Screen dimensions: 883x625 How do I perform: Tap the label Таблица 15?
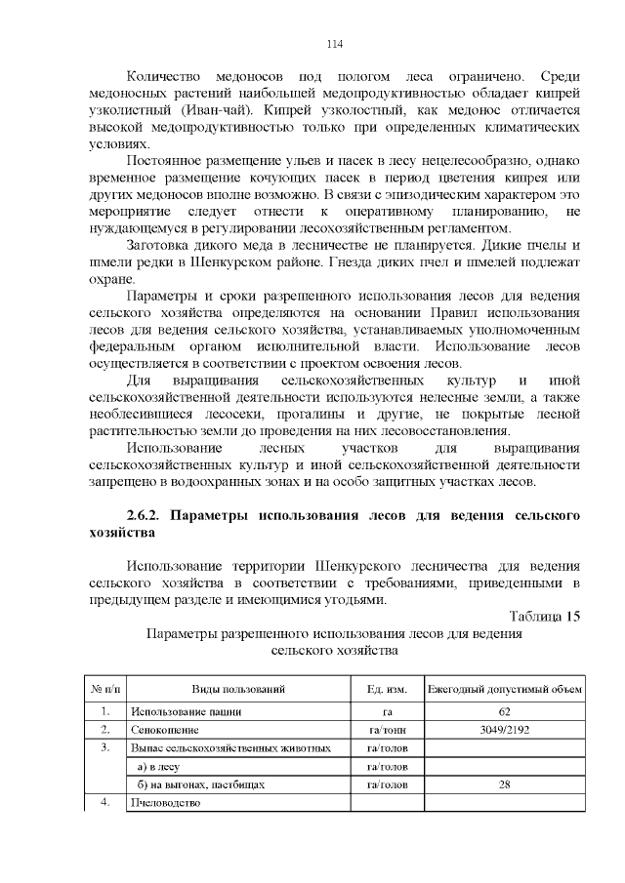click(x=545, y=616)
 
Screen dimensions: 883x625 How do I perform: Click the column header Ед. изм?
click(x=387, y=689)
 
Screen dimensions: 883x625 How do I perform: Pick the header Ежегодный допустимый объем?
click(x=505, y=689)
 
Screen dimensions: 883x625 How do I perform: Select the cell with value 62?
click(x=505, y=710)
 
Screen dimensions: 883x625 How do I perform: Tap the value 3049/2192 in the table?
click(x=505, y=729)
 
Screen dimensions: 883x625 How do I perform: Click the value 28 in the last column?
click(x=505, y=783)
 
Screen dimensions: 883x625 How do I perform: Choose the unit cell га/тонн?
click(x=387, y=729)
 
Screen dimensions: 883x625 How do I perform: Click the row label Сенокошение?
click(x=164, y=729)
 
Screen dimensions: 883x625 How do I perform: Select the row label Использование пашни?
click(x=185, y=710)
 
